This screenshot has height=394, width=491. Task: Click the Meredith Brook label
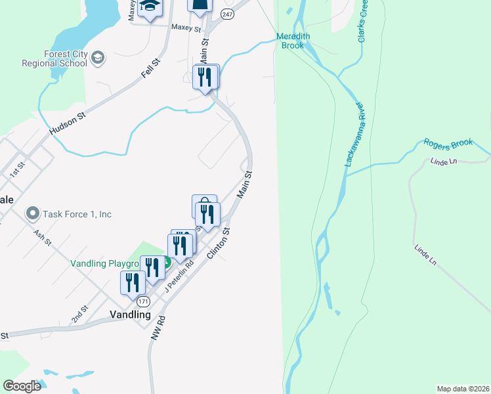pyautogui.click(x=293, y=41)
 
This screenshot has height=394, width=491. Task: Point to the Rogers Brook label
pyautogui.click(x=448, y=143)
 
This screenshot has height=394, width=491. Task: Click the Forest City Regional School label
pyautogui.click(x=54, y=59)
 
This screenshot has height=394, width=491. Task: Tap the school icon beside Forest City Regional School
pyautogui.click(x=98, y=58)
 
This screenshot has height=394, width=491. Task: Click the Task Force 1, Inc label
pyautogui.click(x=77, y=214)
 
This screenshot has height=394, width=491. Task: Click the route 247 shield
pyautogui.click(x=227, y=14)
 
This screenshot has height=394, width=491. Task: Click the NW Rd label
pyautogui.click(x=156, y=329)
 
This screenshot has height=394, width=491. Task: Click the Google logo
pyautogui.click(x=22, y=386)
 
